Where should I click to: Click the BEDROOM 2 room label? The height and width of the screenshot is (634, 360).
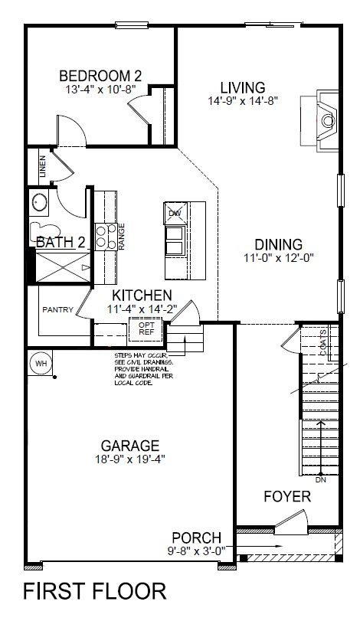click(x=100, y=76)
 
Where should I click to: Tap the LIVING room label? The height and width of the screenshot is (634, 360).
click(x=242, y=87)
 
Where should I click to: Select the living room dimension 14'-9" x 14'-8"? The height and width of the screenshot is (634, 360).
click(x=242, y=100)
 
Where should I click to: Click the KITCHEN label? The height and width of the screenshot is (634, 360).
click(x=142, y=296)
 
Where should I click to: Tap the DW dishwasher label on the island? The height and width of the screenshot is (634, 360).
click(x=175, y=212)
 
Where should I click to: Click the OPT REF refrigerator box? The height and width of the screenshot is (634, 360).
click(x=146, y=328)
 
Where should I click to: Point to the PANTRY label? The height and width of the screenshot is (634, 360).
click(x=58, y=310)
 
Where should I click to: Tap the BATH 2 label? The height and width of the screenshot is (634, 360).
click(x=61, y=243)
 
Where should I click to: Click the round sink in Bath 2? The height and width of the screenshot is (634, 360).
click(x=39, y=203)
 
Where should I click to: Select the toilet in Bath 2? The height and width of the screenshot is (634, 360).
click(x=42, y=230)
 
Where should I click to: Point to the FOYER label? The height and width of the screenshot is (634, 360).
click(x=286, y=497)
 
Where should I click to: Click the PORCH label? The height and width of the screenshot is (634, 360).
click(x=196, y=538)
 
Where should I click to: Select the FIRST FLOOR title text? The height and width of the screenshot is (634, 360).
click(x=95, y=591)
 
